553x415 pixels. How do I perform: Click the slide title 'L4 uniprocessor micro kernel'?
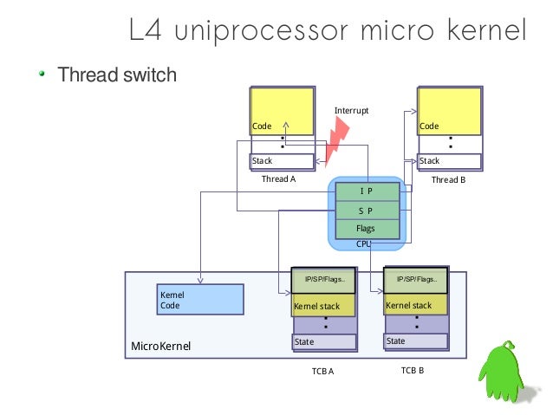pyautogui.click(x=327, y=32)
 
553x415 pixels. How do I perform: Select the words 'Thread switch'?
pyautogui.click(x=116, y=75)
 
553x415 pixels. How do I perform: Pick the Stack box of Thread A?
pyautogui.click(x=282, y=161)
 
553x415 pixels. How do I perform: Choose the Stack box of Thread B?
pyautogui.click(x=450, y=161)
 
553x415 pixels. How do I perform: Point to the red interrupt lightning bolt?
pyautogui.click(x=336, y=139)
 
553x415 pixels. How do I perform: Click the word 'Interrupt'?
pyautogui.click(x=352, y=111)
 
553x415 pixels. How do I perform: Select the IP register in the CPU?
pyautogui.click(x=368, y=191)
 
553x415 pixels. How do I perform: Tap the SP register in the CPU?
pyautogui.click(x=368, y=210)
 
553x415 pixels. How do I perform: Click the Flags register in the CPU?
pyautogui.click(x=368, y=229)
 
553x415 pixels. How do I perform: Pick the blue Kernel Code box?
pyautogui.click(x=199, y=300)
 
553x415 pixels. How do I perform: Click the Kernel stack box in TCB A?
pyautogui.click(x=324, y=306)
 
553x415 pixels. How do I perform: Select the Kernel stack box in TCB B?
pyautogui.click(x=415, y=305)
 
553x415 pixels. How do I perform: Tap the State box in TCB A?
pyautogui.click(x=324, y=341)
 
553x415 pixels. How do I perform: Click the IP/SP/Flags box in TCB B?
pyautogui.click(x=415, y=280)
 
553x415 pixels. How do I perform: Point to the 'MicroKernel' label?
pyautogui.click(x=160, y=347)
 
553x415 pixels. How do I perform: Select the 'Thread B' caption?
pyautogui.click(x=448, y=179)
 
